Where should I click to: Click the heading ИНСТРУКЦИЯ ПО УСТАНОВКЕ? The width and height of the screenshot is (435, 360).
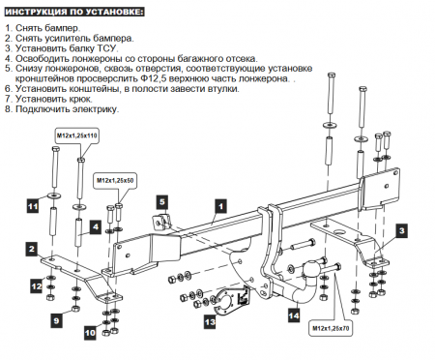point(76,11)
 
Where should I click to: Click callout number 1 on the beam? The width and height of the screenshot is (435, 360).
point(219,205)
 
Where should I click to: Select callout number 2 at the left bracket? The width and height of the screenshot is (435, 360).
point(32,249)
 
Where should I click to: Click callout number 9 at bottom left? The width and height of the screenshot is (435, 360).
point(55,319)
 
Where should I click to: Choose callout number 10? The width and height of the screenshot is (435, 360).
point(89,332)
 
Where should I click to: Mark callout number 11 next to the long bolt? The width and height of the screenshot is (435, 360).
point(32,206)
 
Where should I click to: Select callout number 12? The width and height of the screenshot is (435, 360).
point(36,285)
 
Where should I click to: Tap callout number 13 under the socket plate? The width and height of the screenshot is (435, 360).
point(209,321)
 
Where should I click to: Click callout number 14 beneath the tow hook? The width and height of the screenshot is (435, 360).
point(294,313)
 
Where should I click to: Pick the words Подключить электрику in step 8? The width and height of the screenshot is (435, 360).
point(67,109)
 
